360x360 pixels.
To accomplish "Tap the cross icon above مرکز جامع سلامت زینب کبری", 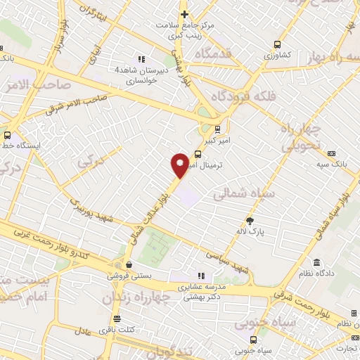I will coord(184,14).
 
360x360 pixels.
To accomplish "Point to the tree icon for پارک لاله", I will coord(250,220).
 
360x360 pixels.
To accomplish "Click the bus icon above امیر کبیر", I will coord(217,129).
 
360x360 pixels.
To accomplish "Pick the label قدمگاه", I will coord(209,53).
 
